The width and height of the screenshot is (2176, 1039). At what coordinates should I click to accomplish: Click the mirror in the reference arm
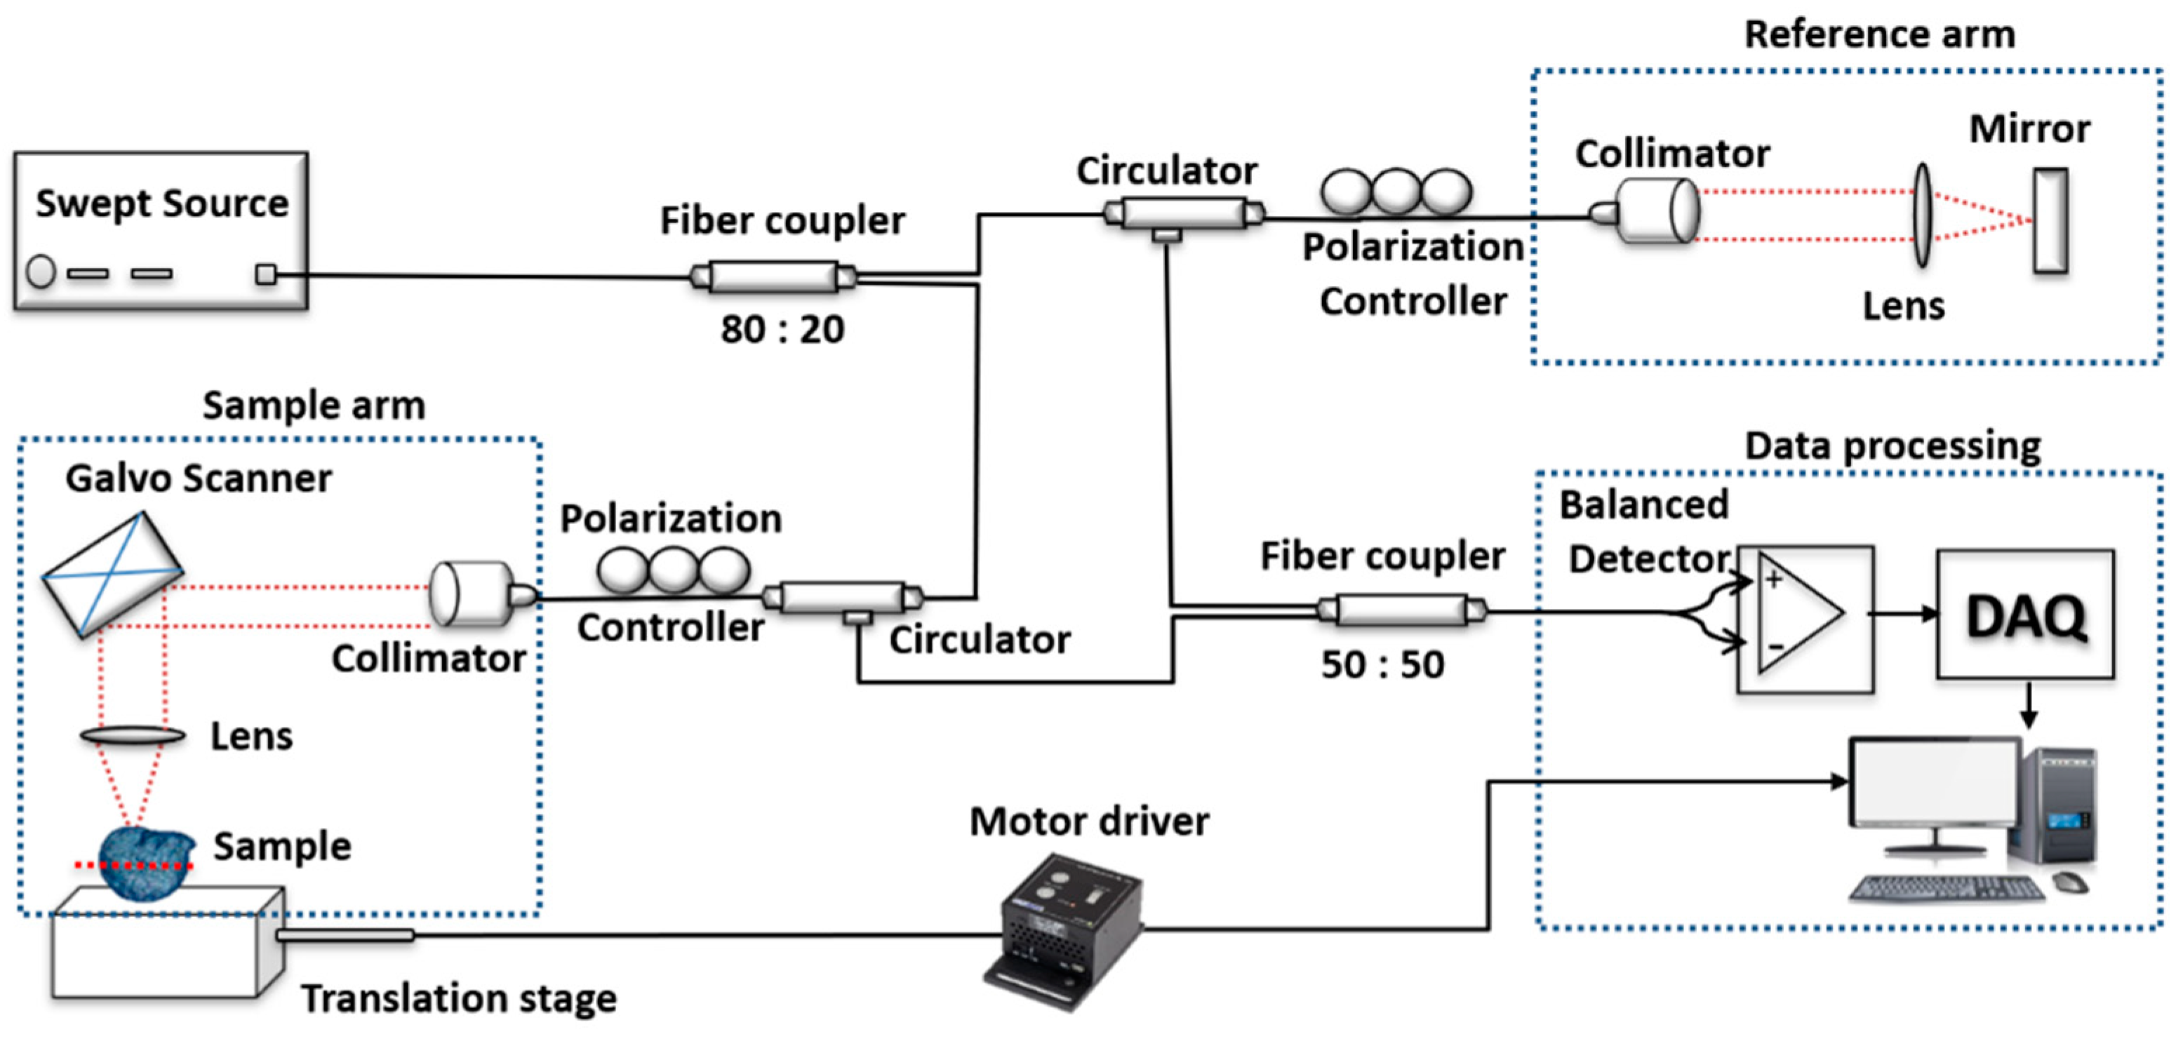tap(2050, 220)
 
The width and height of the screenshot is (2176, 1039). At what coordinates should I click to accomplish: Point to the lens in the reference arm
tap(1922, 216)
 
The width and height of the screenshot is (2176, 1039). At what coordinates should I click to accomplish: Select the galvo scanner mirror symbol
tap(112, 574)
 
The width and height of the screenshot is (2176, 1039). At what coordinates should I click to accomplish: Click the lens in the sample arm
tap(133, 736)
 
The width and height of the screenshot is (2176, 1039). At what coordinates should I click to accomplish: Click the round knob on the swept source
tap(41, 272)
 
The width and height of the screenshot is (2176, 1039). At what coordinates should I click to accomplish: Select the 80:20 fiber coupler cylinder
tap(773, 277)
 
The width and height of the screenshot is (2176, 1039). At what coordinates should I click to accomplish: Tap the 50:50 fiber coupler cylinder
tap(1401, 610)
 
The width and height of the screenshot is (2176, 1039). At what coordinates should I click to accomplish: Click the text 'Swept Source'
tap(161, 203)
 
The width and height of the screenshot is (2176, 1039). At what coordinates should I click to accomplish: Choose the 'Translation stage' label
tap(459, 998)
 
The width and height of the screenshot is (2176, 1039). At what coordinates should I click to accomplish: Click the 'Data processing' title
tap(1893, 445)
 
